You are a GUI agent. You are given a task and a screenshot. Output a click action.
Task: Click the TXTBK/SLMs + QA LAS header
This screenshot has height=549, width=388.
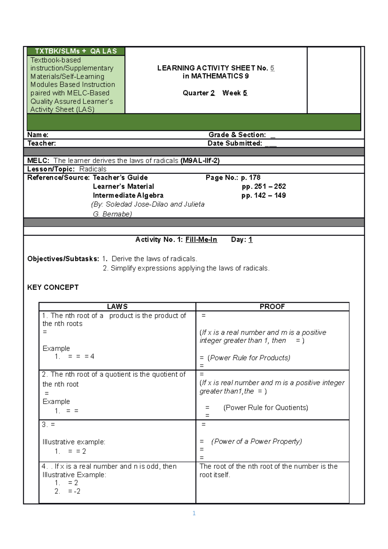[x=76, y=51]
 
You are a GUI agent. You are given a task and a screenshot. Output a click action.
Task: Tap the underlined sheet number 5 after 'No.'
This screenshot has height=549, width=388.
[x=272, y=68]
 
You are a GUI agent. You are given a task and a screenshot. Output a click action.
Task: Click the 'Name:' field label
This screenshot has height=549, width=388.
[x=38, y=135]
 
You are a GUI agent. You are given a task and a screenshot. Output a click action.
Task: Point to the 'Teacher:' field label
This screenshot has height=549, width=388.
[x=41, y=143]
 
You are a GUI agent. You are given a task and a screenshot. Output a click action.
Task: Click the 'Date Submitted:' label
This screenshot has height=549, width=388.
[x=235, y=143]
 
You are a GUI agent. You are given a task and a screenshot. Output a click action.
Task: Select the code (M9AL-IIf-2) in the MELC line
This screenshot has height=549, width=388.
[x=200, y=161]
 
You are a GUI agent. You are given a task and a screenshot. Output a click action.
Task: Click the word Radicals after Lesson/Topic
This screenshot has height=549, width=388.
[x=93, y=169]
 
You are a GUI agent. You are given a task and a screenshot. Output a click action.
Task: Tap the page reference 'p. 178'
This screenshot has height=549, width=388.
[x=251, y=178]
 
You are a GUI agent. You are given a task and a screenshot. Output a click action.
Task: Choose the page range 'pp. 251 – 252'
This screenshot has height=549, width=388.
[x=264, y=186]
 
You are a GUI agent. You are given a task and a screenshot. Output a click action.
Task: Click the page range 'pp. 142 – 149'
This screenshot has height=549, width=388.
[x=264, y=195]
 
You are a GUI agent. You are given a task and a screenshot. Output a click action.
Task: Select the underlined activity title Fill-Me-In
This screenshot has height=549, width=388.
[x=201, y=240]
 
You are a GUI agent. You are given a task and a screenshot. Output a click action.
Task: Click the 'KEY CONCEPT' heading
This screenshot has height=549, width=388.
[x=53, y=287]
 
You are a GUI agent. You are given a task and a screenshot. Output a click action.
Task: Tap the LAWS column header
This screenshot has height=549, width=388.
[x=117, y=307]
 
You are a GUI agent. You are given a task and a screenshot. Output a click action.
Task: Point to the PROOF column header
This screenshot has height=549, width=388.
[x=272, y=307]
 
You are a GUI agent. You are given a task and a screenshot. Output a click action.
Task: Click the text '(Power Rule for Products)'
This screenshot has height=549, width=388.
[x=249, y=358]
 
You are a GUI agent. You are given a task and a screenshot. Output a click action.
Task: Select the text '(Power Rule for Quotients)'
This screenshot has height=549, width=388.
[x=265, y=407]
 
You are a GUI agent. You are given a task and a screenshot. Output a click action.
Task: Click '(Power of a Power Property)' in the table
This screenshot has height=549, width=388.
[x=256, y=441]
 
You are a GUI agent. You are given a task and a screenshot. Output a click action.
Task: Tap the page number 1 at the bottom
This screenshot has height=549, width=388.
[x=194, y=513]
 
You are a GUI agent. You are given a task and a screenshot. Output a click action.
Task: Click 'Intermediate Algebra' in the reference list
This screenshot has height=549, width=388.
[x=128, y=195]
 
